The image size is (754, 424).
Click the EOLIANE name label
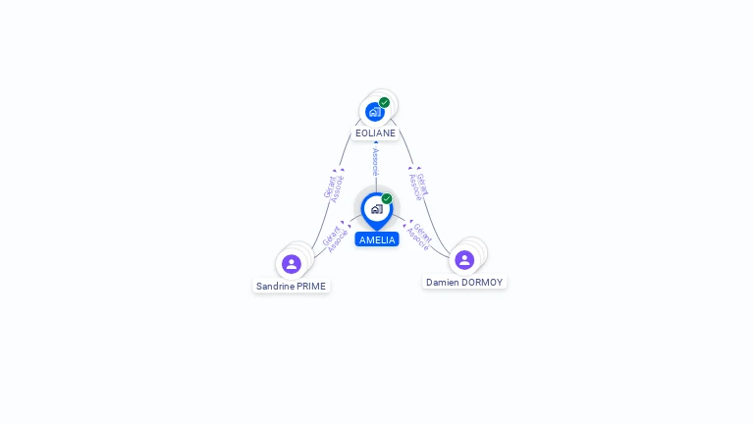coord(375,132)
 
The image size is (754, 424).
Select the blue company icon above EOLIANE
coord(374,112)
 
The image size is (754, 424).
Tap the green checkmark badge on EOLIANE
coord(384,102)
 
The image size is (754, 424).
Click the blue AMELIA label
coord(377,239)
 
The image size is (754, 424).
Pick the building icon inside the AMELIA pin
coord(376,208)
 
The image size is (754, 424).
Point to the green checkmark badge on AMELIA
coord(387,198)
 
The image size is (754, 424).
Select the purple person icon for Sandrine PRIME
coord(292,264)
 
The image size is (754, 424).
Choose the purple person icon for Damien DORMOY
coord(464,259)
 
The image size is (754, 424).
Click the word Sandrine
coord(276,287)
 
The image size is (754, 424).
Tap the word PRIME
coord(311,287)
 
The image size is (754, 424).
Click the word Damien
coord(442,282)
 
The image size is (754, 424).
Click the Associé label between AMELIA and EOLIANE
coord(375,162)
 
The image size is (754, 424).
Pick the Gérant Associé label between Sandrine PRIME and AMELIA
coord(334,238)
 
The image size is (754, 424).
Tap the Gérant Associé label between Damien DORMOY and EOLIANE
coord(418,185)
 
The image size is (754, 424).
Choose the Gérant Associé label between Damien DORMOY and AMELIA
coord(419,237)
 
